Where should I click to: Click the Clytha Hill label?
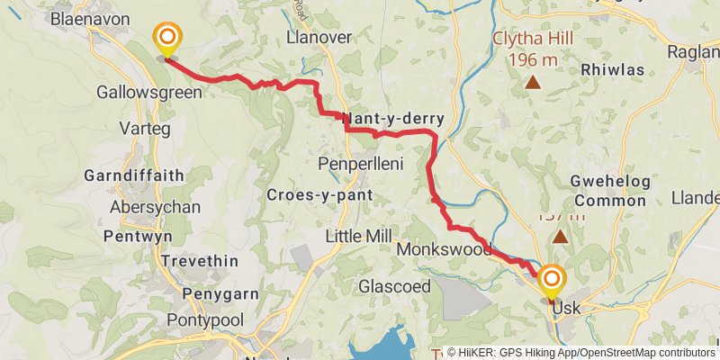point(533,40)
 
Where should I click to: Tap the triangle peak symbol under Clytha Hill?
point(533,84)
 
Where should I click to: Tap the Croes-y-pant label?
point(308,195)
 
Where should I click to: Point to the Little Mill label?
point(358,236)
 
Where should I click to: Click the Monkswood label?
point(443,248)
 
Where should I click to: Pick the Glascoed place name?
point(394,286)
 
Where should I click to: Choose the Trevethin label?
point(200,261)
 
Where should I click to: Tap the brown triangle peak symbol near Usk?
point(561,238)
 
